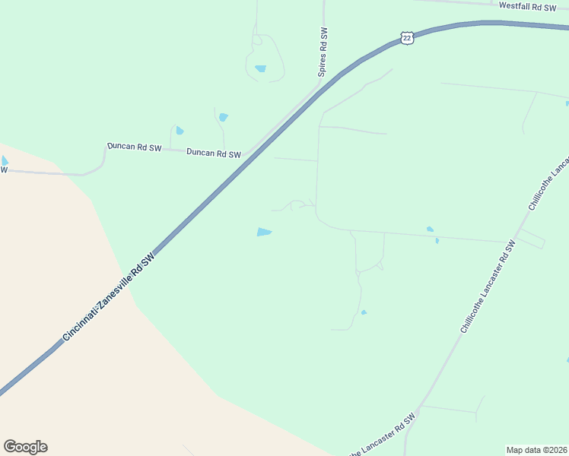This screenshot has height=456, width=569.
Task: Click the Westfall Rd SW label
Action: point(527,6)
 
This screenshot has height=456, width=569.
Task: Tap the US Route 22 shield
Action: point(407,38)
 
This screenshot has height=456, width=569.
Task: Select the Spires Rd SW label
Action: point(323,52)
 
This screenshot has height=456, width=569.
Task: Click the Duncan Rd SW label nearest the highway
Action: point(214,153)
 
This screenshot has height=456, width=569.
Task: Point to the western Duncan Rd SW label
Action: point(134,145)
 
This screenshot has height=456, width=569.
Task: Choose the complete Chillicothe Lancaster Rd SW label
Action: point(488,287)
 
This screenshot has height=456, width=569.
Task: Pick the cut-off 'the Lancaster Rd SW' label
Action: point(383,436)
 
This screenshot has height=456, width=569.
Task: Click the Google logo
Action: point(25,447)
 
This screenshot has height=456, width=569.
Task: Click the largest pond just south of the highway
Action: point(264,232)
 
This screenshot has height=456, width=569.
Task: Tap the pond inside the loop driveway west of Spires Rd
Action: point(261,68)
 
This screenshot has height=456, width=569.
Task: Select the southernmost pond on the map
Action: point(364,312)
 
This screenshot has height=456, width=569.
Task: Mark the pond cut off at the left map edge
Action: point(4,160)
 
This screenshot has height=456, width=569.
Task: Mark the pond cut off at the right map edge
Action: point(567,103)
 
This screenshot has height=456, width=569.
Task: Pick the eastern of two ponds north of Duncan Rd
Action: point(223,117)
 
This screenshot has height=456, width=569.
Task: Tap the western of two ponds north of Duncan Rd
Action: point(180,131)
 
